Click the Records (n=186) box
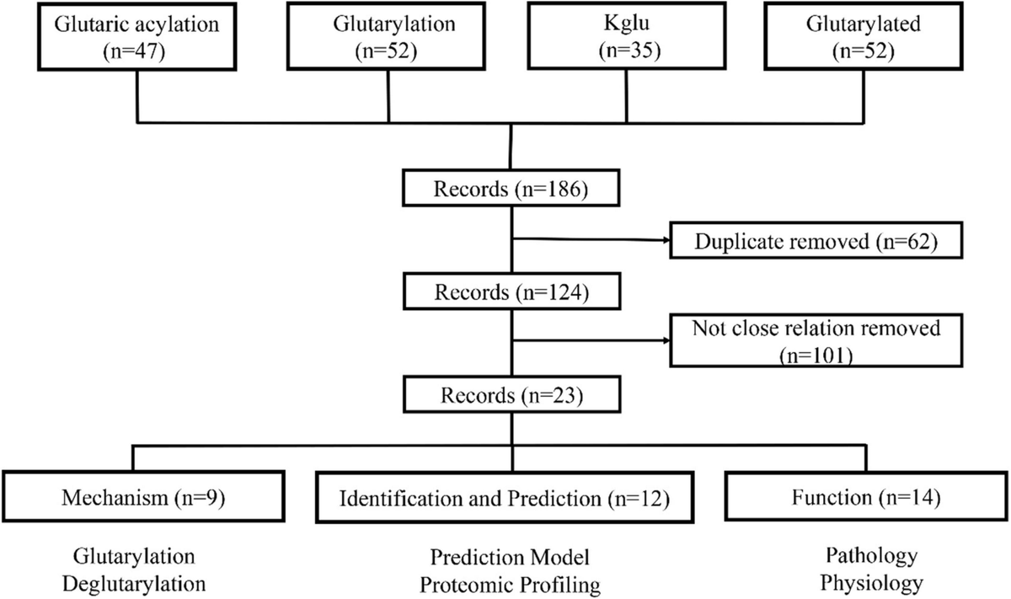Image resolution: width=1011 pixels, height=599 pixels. (x=510, y=190)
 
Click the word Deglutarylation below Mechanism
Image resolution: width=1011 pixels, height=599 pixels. (x=137, y=583)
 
